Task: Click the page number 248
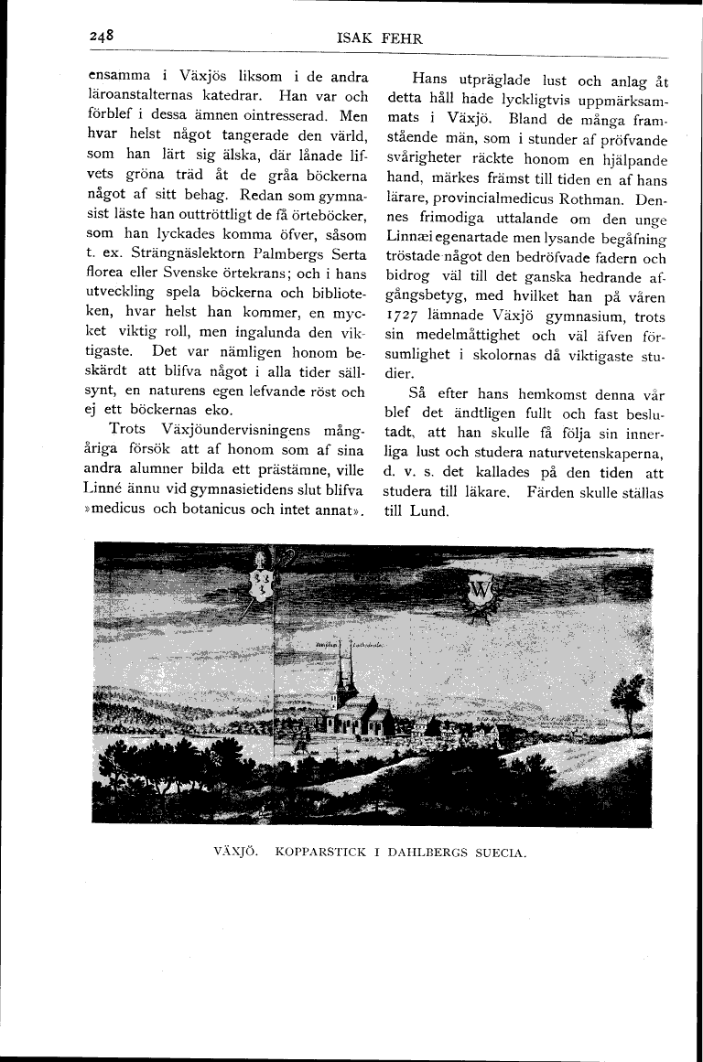(x=101, y=37)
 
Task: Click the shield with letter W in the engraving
(x=480, y=592)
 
